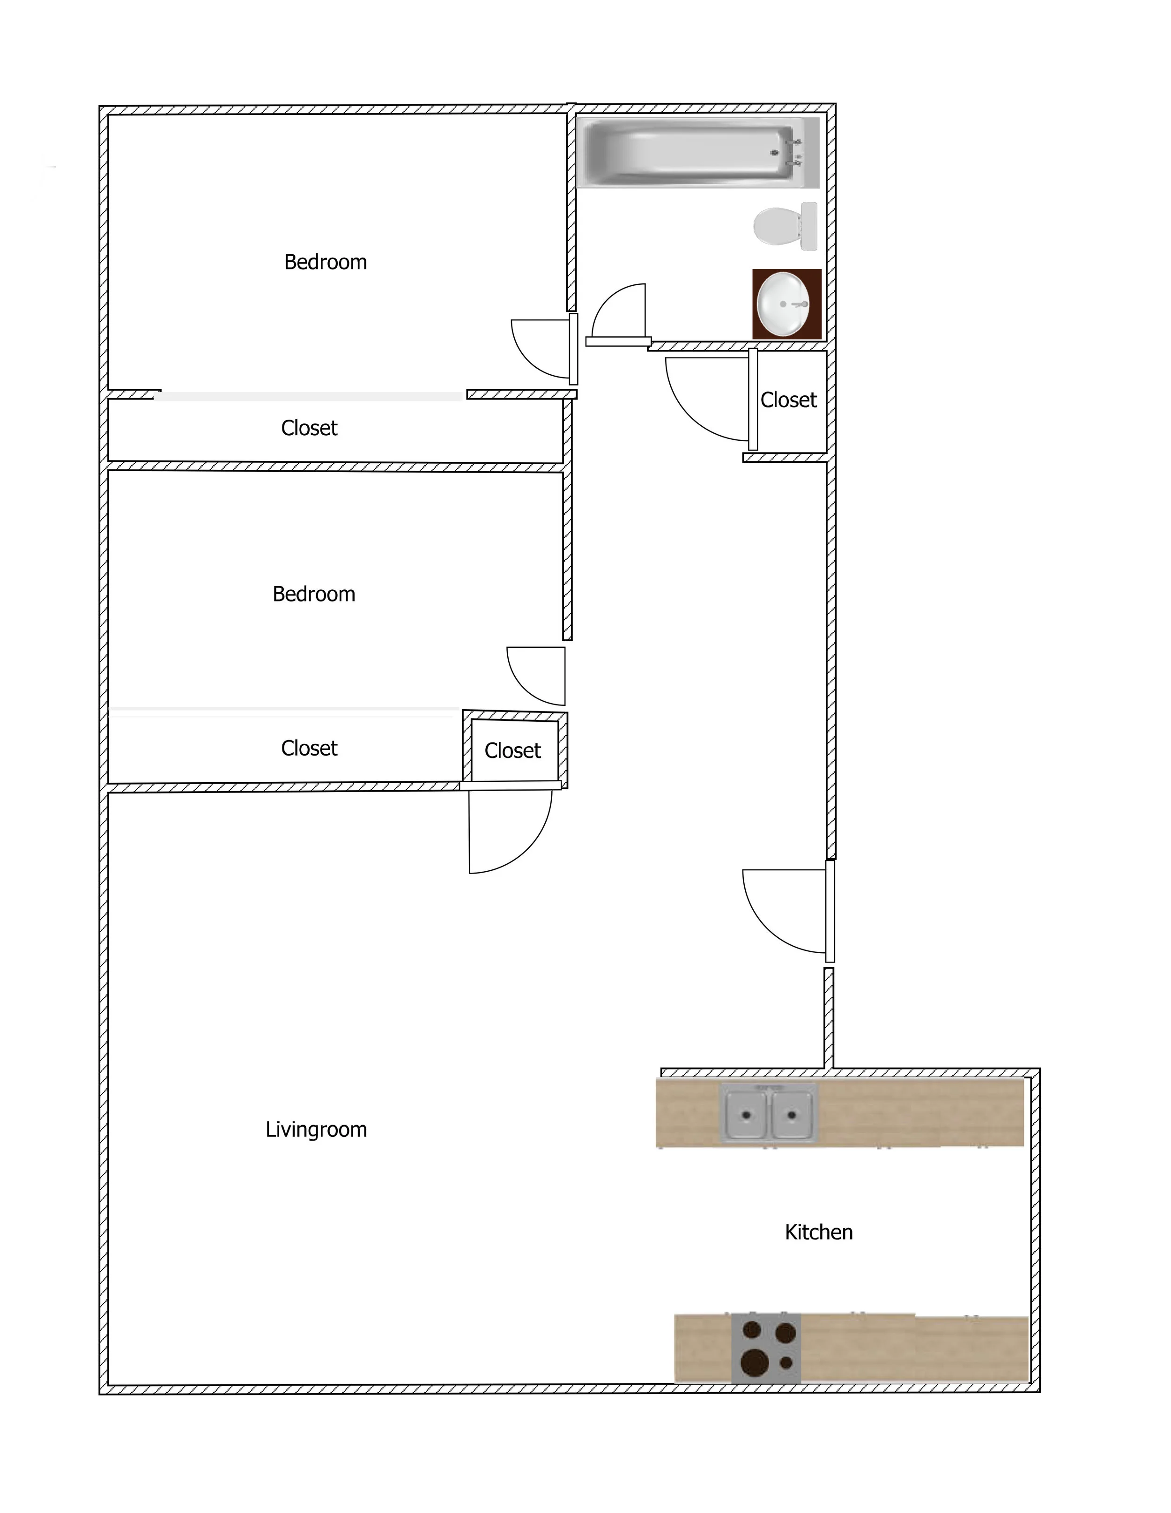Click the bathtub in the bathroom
pyautogui.click(x=693, y=152)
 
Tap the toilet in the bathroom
pyautogui.click(x=783, y=226)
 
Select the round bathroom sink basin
pyautogui.click(x=783, y=304)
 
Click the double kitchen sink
pyautogui.click(x=769, y=1114)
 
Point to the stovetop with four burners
pyautogui.click(x=766, y=1348)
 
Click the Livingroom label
pyautogui.click(x=316, y=1130)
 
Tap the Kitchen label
pyautogui.click(x=818, y=1232)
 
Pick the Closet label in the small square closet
pyautogui.click(x=513, y=751)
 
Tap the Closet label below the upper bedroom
pyautogui.click(x=309, y=428)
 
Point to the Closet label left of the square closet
pyautogui.click(x=309, y=748)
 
